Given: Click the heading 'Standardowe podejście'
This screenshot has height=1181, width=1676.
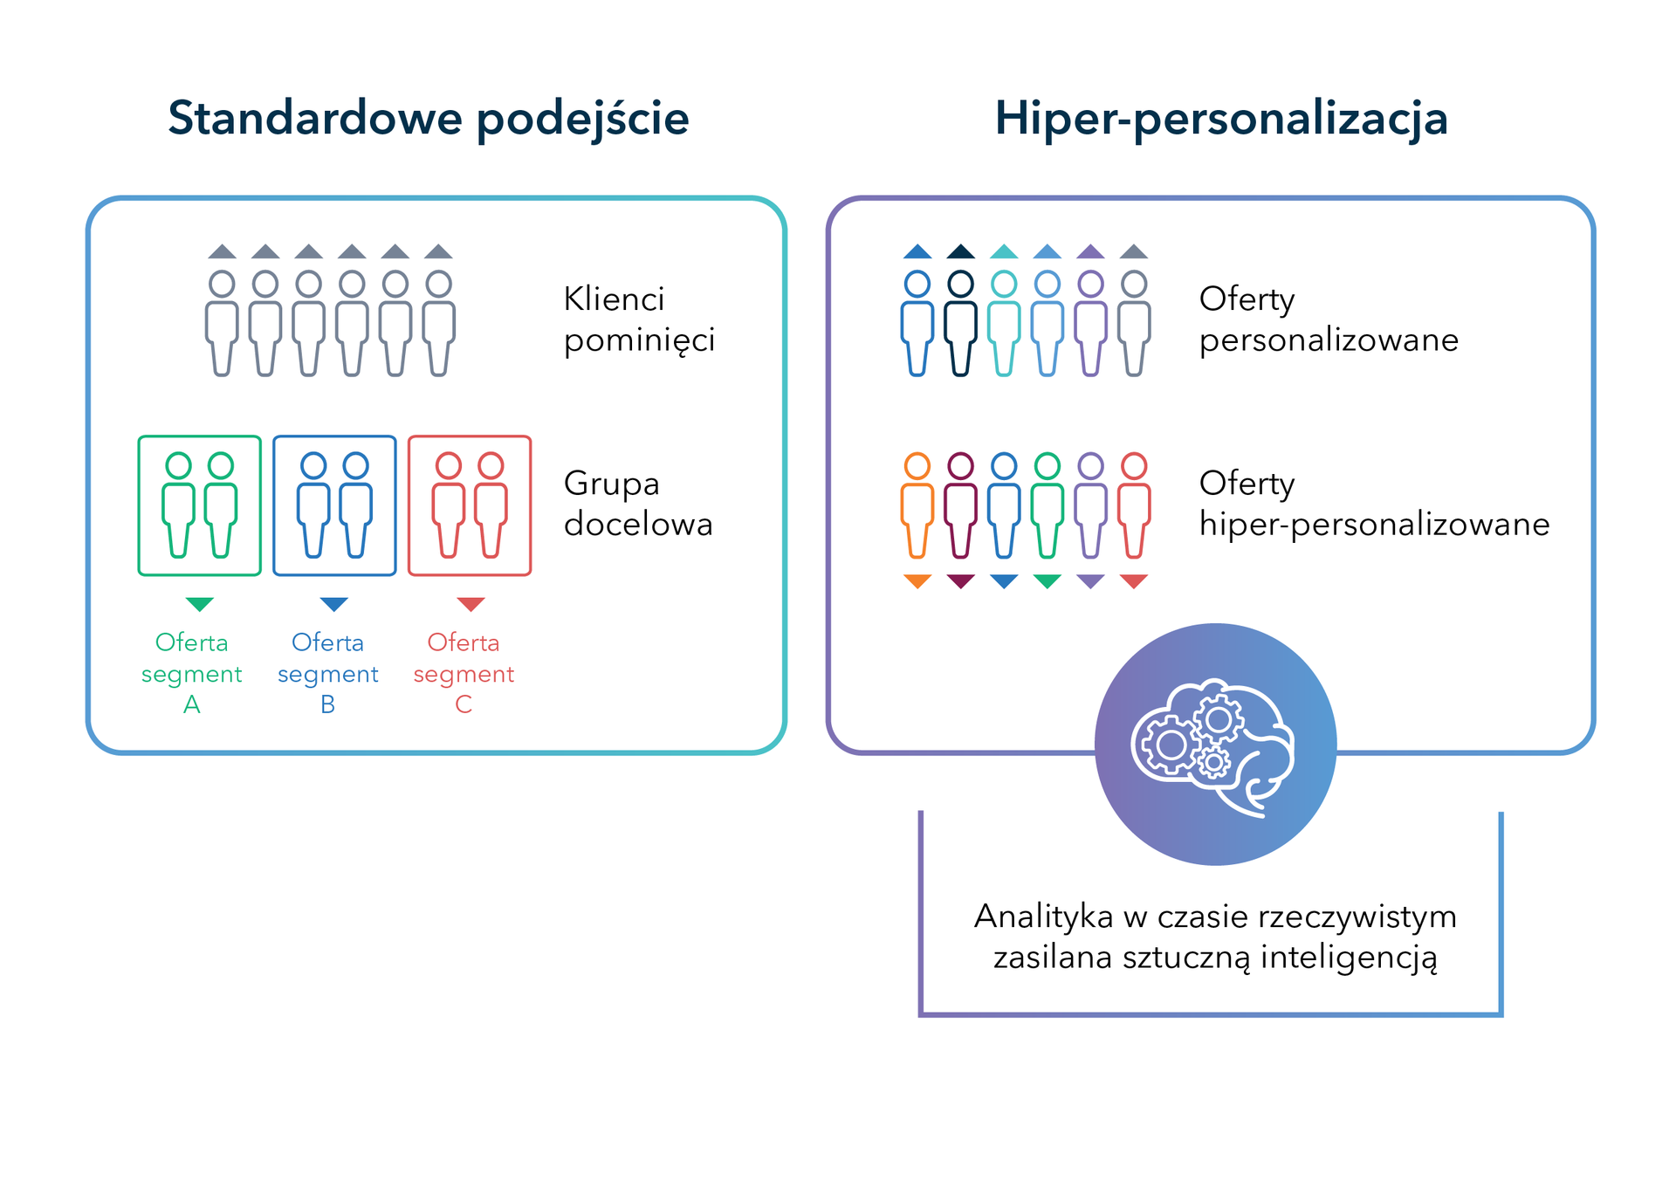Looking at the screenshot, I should [428, 119].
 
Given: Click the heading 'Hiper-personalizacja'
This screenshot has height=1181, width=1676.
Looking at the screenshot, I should [1220, 119].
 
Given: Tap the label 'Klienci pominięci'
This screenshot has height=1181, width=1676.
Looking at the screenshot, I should [638, 319].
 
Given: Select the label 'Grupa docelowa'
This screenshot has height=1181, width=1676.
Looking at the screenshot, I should [637, 504].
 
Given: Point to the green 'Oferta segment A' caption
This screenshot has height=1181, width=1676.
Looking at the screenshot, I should [192, 673].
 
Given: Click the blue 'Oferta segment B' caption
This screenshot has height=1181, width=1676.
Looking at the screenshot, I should [327, 673].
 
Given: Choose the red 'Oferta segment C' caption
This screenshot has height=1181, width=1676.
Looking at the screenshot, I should [464, 673].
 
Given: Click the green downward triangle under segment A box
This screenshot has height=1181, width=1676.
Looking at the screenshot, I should [200, 604].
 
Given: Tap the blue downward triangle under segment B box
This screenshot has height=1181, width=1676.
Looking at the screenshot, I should [334, 604].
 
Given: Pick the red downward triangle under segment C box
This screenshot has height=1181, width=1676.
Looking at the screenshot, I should [471, 604].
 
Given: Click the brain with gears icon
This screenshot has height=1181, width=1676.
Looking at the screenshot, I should [1214, 745].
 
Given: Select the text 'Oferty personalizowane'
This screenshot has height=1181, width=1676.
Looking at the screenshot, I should [1328, 319].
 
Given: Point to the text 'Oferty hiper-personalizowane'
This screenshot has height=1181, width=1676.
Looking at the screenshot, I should [1373, 504].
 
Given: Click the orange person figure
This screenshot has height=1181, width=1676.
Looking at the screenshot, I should [917, 505].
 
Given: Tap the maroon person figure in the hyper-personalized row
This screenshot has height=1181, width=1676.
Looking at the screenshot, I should [960, 505].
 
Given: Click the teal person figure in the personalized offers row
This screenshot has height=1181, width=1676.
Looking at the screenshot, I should [1004, 323].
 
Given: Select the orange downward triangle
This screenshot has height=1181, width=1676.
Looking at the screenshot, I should [917, 581].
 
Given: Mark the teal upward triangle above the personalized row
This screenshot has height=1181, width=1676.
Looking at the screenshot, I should [1004, 252].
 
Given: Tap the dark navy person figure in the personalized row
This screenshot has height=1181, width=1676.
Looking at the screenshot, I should [960, 323].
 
